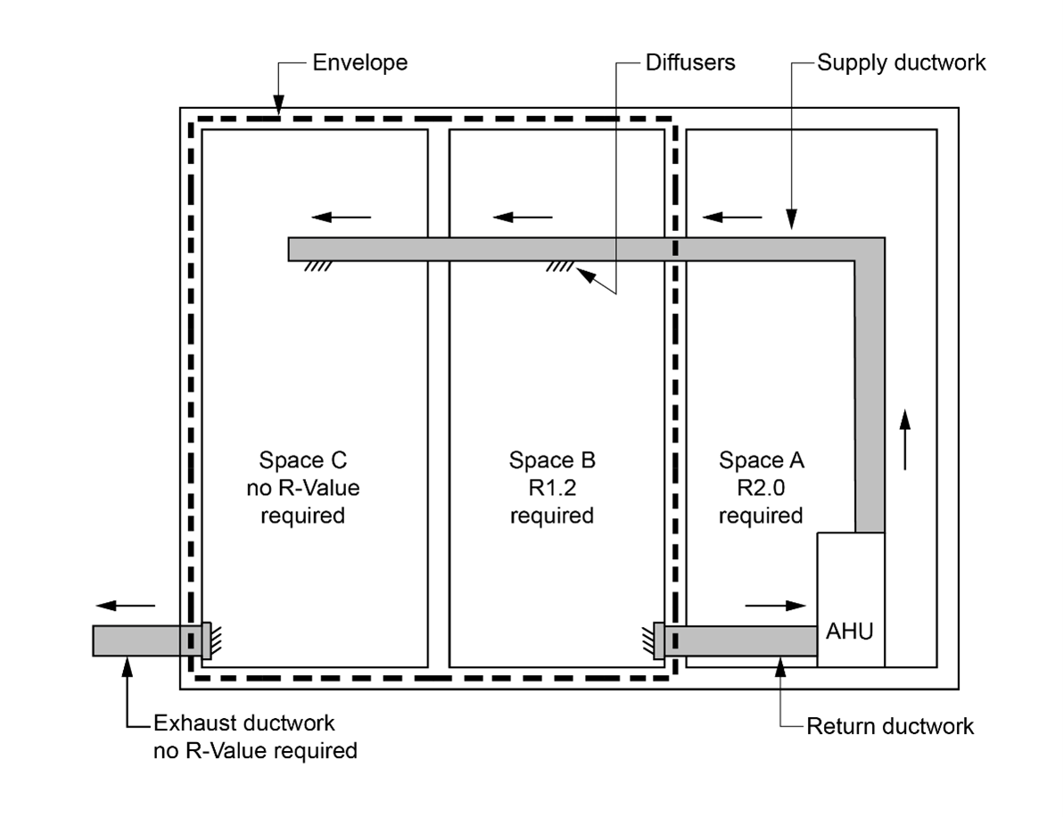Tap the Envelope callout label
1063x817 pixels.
click(359, 63)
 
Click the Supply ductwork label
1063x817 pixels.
click(902, 63)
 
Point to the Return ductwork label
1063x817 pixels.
click(889, 726)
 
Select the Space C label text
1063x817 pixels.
click(302, 461)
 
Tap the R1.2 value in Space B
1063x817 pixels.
click(552, 488)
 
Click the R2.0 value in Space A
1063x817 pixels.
click(761, 488)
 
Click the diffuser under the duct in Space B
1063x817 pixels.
click(561, 266)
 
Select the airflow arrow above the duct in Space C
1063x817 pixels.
click(342, 217)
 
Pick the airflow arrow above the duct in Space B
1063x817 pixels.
click(523, 217)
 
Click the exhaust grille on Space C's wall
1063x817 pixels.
click(207, 640)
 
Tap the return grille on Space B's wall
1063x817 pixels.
click(658, 640)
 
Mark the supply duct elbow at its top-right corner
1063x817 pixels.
click(869, 251)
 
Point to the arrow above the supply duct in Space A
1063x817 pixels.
click(732, 217)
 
